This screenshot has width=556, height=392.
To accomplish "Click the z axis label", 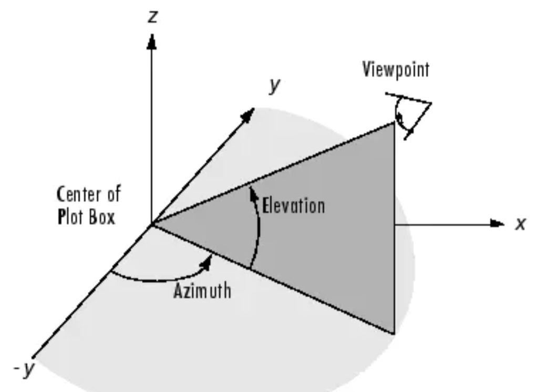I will [x=152, y=17].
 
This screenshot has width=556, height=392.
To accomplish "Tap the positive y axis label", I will [x=274, y=86].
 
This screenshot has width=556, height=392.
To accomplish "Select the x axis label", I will [x=520, y=224].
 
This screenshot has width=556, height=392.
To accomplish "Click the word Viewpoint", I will [x=395, y=70].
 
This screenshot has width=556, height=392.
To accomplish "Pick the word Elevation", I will [x=293, y=205].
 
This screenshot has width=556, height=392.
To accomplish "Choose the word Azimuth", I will [x=202, y=290].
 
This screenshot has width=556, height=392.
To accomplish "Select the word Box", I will [x=101, y=216].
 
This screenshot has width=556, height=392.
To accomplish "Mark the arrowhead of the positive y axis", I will [x=248, y=115].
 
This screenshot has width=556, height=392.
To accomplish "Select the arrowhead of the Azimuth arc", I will [x=210, y=259].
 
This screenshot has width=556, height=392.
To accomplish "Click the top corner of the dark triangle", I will [x=394, y=123].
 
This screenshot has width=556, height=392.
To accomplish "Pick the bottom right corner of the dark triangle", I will [x=394, y=332].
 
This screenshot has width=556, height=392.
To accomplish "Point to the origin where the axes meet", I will [x=152, y=224].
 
